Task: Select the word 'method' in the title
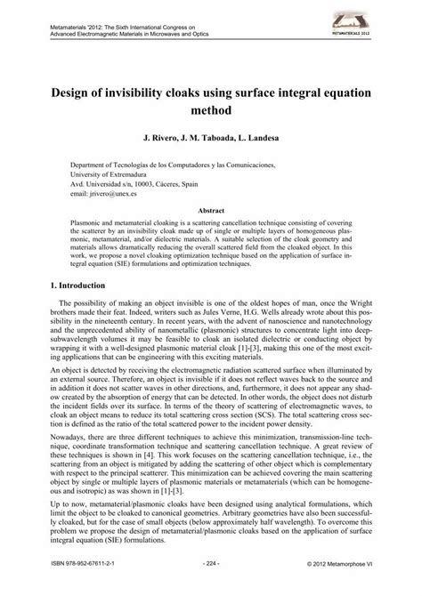point(211,111)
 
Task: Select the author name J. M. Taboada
point(208,141)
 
